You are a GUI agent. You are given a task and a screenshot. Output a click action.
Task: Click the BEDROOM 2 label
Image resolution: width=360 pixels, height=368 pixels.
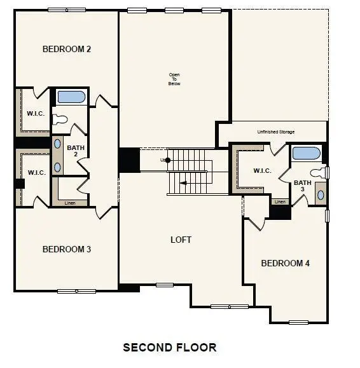tap(66, 49)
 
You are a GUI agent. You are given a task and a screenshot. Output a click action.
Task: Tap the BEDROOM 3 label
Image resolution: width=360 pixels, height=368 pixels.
tap(66, 249)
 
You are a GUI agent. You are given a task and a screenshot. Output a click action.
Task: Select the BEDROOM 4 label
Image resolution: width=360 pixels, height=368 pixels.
tap(285, 263)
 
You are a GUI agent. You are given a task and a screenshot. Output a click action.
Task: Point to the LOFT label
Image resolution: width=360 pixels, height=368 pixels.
tap(181, 240)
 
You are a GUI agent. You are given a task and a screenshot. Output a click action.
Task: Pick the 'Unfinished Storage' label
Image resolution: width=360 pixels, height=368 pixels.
tap(275, 132)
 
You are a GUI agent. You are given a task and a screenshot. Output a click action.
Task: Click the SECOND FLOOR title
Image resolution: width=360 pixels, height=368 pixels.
tap(169, 347)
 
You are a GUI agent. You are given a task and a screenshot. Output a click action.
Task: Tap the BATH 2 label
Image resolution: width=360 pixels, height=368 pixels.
tap(75, 150)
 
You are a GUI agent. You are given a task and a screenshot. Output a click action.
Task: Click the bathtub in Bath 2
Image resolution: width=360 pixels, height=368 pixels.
tap(71, 97)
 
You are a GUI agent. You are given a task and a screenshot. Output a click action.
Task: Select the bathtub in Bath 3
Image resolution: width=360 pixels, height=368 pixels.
tap(307, 154)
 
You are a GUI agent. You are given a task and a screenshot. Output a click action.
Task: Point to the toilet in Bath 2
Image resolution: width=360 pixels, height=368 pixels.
tap(61, 118)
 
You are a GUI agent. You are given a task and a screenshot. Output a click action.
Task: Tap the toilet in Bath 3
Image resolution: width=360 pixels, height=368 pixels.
tap(318, 172)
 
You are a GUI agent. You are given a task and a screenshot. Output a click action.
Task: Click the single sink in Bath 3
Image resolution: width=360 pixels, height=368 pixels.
tap(320, 194)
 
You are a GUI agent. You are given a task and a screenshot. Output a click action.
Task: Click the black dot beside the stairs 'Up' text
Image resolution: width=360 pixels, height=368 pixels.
tap(168, 160)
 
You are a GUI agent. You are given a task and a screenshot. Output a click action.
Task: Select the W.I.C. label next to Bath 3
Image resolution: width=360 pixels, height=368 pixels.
tap(262, 170)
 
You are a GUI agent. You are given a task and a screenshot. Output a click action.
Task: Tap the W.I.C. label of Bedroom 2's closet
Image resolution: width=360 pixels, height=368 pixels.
tap(34, 114)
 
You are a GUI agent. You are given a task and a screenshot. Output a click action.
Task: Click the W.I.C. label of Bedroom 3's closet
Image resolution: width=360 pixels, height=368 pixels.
tap(34, 172)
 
